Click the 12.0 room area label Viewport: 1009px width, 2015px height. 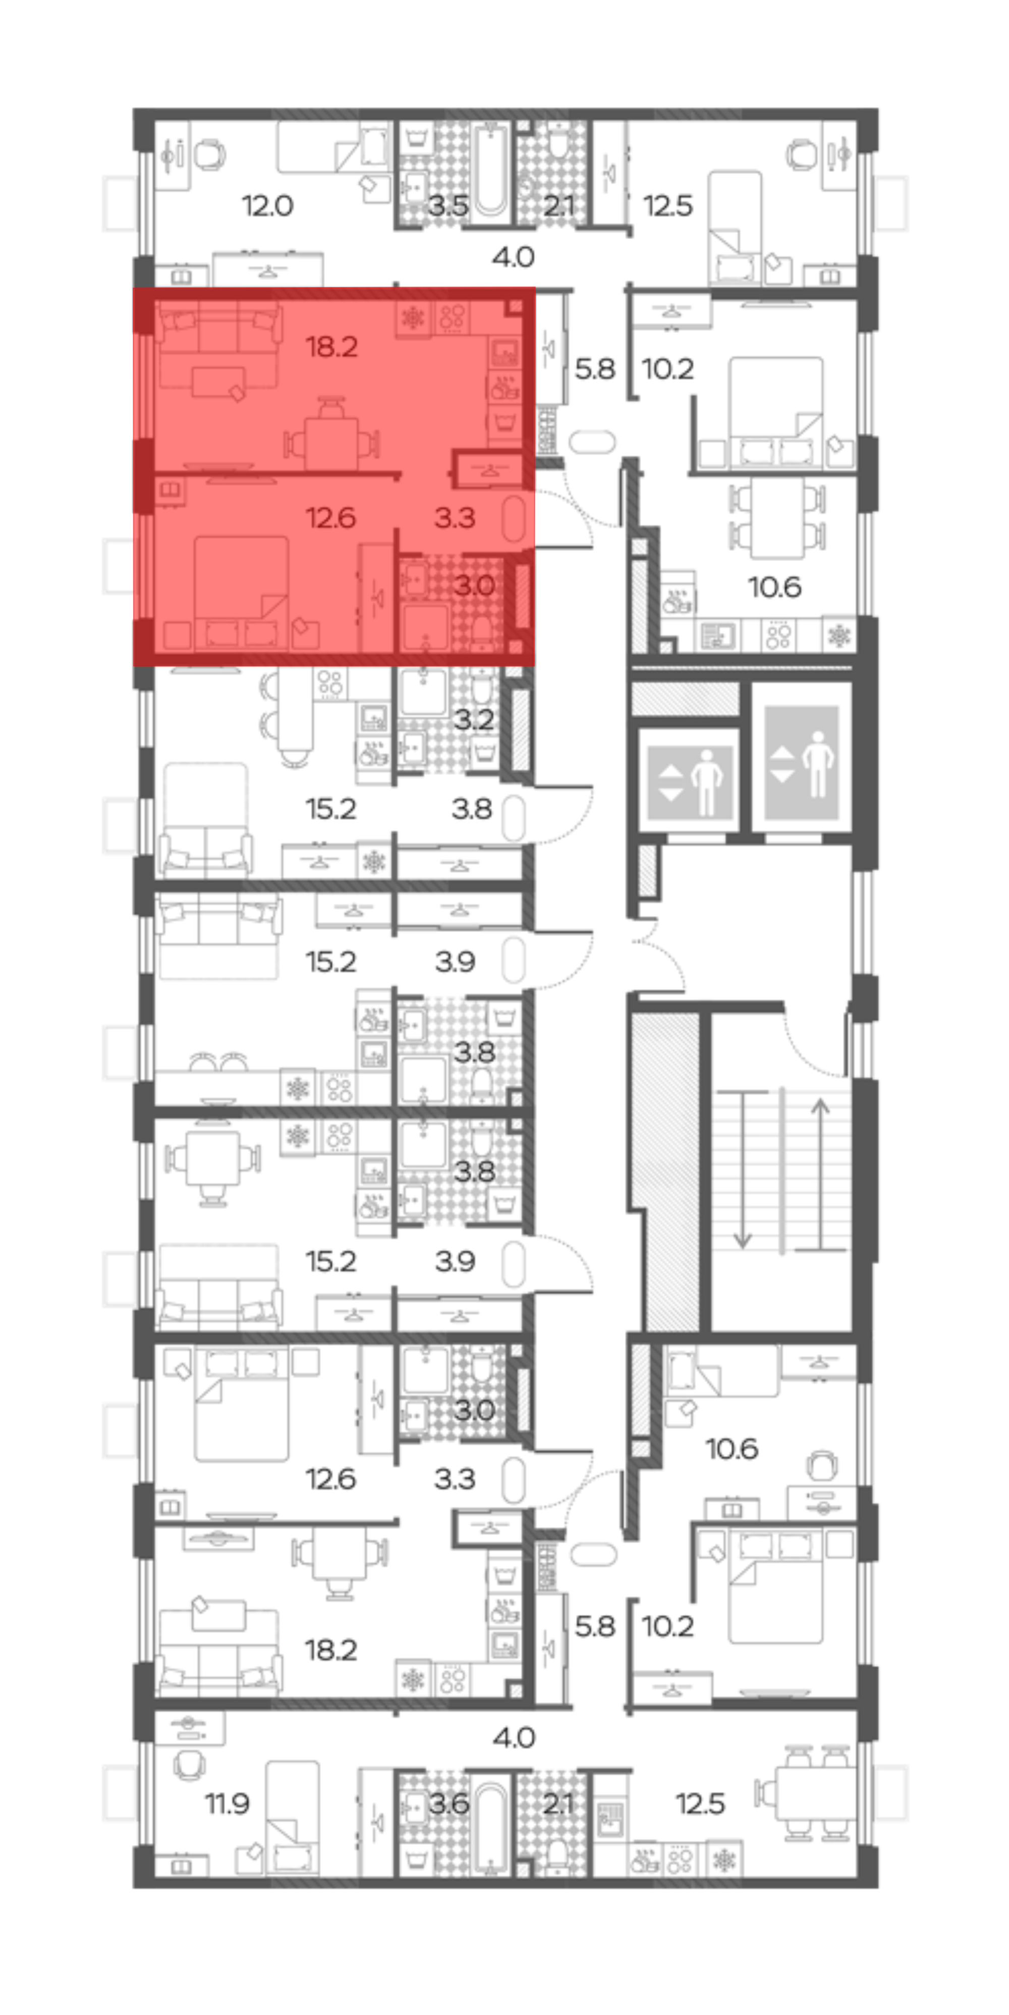tap(267, 206)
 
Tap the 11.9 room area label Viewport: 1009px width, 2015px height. tap(227, 1804)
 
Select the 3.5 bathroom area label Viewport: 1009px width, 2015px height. tap(448, 206)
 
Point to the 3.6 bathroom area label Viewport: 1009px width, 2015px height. tap(449, 1804)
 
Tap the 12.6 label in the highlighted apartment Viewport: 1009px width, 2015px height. tap(331, 518)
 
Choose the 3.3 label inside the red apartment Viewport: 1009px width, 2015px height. tap(455, 518)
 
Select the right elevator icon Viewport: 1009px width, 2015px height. tap(802, 763)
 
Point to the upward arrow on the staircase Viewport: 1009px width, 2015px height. tap(820, 1174)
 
